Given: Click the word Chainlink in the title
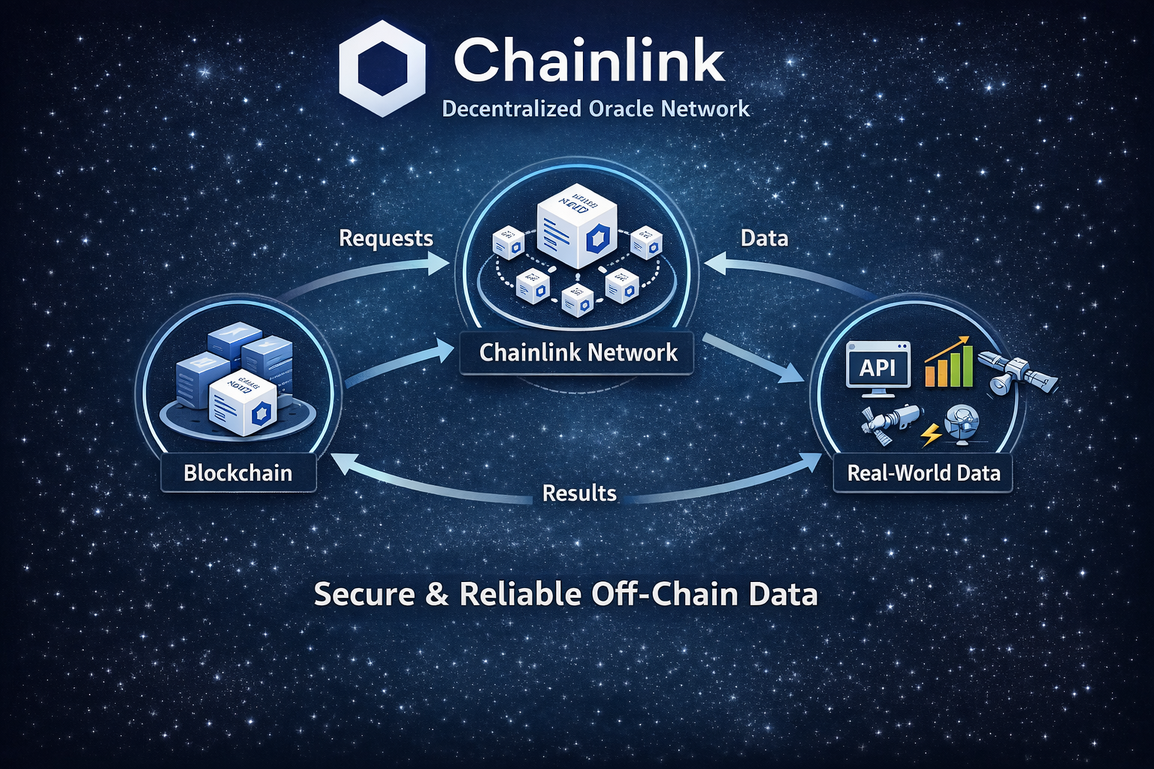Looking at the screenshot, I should [589, 61].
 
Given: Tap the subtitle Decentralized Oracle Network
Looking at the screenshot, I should [596, 109].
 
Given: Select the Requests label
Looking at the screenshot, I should [386, 238].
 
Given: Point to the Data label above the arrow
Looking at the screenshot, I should [764, 238].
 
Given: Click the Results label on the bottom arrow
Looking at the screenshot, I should [579, 493].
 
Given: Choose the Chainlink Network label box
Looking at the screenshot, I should [578, 353].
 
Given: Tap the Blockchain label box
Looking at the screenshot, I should [238, 473].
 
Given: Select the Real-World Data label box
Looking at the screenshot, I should [923, 473].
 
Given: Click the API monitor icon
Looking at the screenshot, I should [878, 369].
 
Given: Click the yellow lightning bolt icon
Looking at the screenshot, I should [932, 434].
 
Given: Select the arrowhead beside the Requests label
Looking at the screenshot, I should [437, 263].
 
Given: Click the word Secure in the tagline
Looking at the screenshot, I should [364, 594].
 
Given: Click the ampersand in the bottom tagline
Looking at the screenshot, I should [437, 594].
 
